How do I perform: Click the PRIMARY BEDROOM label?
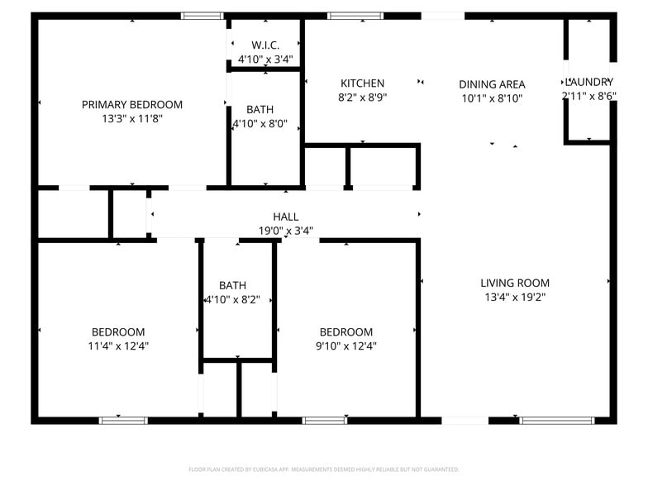coord(132,104)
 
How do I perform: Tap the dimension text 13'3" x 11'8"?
coord(132,119)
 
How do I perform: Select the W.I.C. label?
coord(265,45)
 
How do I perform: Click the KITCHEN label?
coord(362,83)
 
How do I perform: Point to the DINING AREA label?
coord(492,83)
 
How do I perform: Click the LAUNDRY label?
coord(588,81)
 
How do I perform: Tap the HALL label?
coord(286,217)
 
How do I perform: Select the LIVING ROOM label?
coord(515,283)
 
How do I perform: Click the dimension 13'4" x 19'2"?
coord(515,298)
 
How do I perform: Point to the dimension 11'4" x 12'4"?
coord(118,346)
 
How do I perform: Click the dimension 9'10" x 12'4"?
coord(346,346)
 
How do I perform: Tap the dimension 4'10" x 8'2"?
coord(232,301)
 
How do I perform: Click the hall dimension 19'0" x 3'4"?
coord(286,231)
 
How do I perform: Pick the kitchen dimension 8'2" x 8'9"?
coord(362,98)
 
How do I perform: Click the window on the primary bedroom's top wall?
coord(202,15)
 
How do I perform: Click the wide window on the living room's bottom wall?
coord(556,420)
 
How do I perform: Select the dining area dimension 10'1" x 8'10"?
coord(492,98)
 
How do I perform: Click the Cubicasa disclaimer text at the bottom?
coord(324,469)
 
